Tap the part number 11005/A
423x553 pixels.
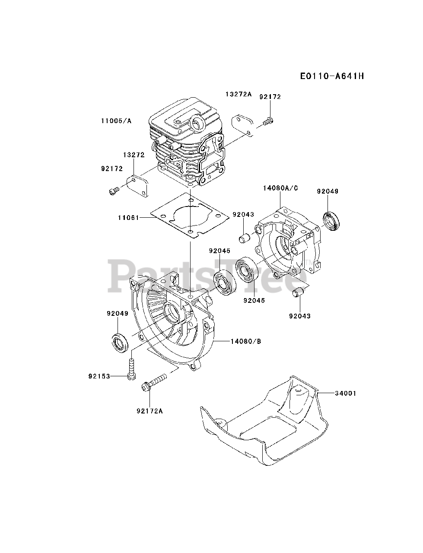click(116, 121)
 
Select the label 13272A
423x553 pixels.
click(238, 94)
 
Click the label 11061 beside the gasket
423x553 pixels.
click(129, 218)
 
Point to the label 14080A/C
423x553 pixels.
click(280, 188)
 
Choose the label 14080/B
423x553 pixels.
click(245, 341)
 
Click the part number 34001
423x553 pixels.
click(346, 393)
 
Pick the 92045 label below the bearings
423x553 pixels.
click(254, 300)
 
